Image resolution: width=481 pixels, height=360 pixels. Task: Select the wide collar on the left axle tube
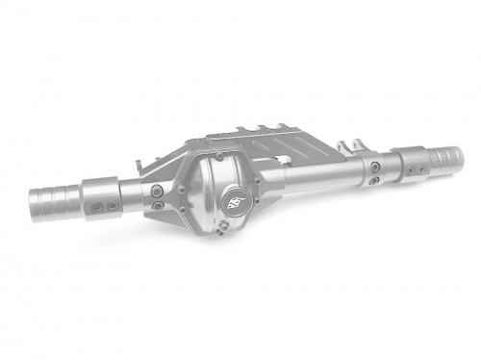pyautogui.click(x=102, y=197)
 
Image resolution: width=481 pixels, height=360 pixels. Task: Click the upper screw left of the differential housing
pyautogui.click(x=156, y=190)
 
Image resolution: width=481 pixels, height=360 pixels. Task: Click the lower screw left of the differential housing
pyautogui.click(x=157, y=205)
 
